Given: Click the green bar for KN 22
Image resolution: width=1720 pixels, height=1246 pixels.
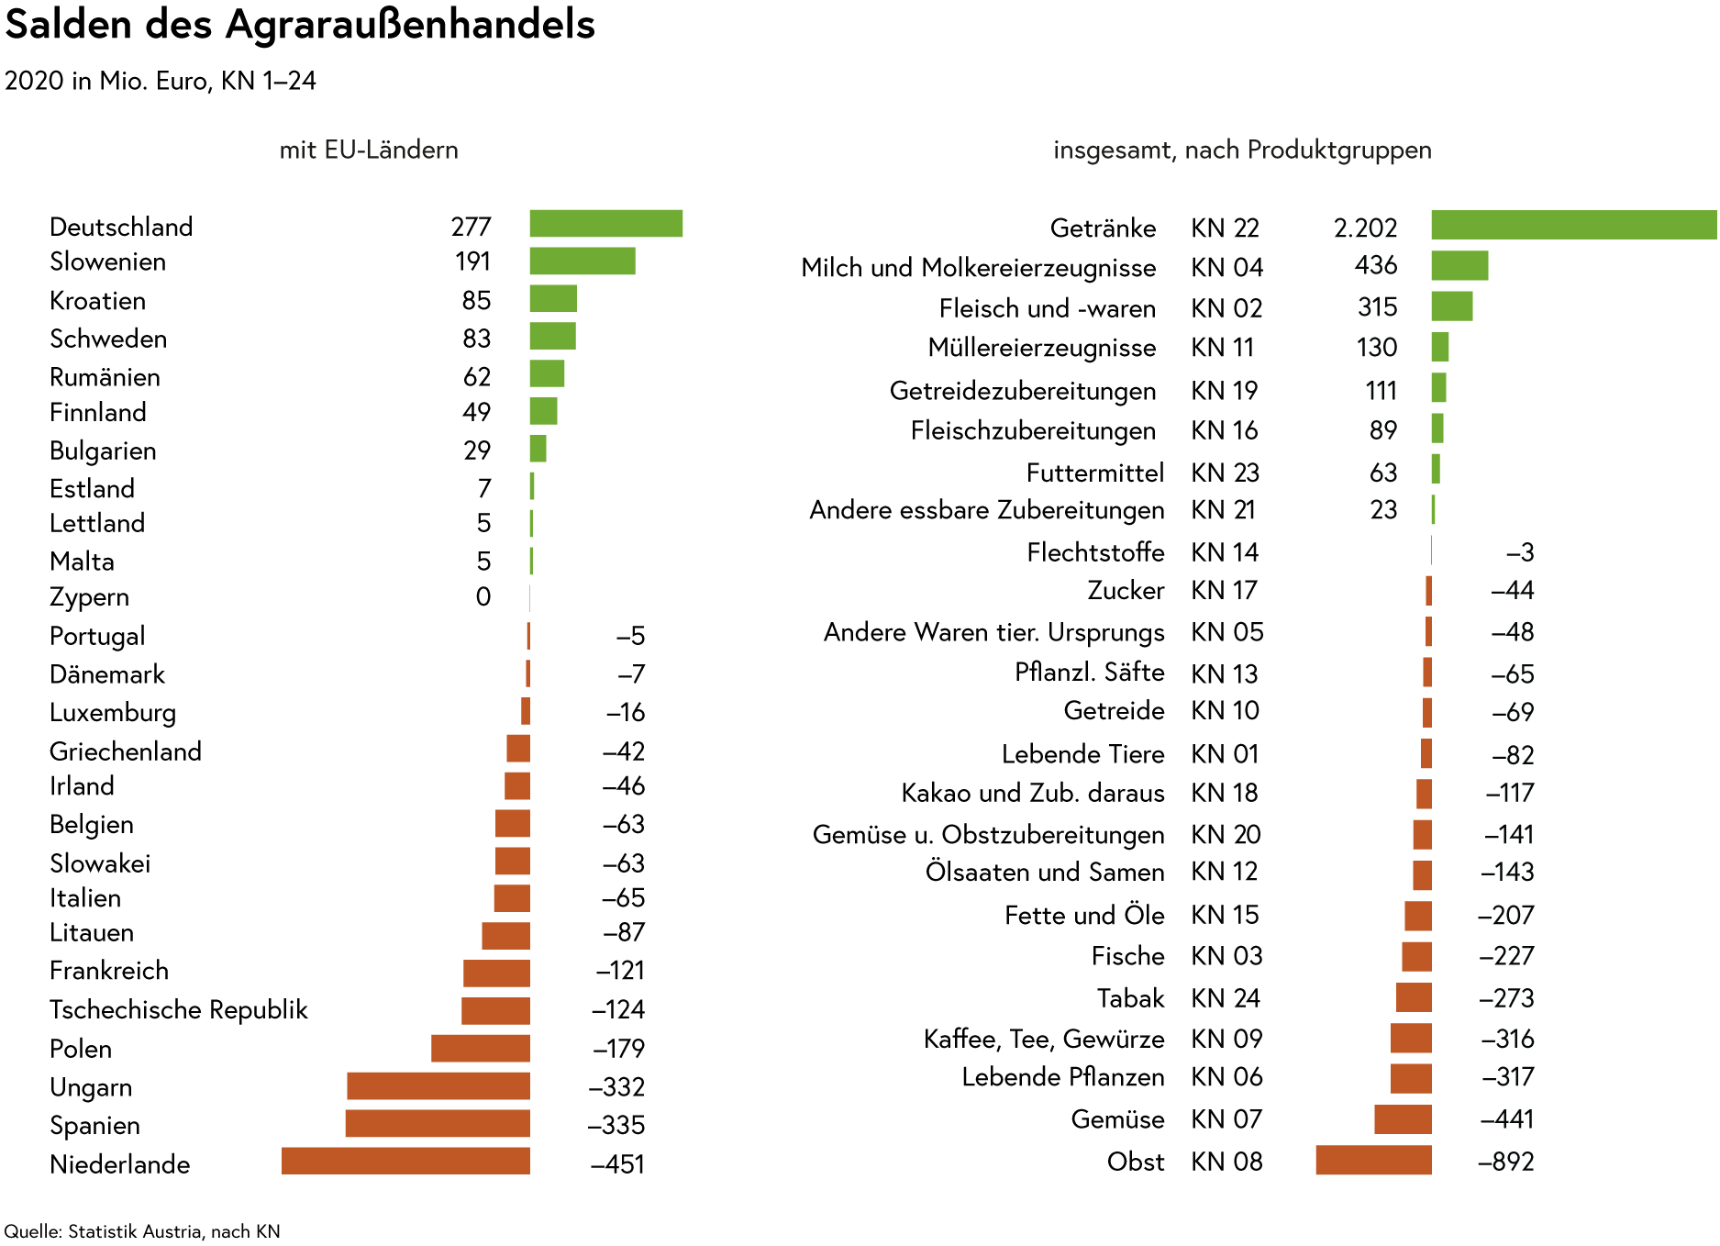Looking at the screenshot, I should coord(1573,225).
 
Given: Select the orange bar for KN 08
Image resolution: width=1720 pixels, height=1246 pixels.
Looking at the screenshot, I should coord(1373,1160).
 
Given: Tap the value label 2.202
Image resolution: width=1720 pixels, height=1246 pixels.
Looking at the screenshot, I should coord(1366,228).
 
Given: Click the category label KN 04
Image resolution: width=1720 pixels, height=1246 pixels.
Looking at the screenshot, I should coord(1226,267).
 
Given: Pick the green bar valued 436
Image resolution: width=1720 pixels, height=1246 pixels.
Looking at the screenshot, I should coord(1459,266).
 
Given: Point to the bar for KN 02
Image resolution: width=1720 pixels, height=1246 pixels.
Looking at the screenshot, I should coord(1452,306).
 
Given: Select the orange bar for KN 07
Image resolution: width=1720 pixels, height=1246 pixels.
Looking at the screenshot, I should coord(1403,1119).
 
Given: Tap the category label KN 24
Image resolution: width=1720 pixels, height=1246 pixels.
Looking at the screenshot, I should coord(1226,997).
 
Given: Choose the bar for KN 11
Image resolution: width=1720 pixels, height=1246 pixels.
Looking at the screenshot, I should coord(1440,347).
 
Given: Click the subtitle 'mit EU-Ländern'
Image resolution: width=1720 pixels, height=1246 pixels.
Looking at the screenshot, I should coord(369,150).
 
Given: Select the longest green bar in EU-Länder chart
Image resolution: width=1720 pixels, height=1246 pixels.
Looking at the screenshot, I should coord(605,224).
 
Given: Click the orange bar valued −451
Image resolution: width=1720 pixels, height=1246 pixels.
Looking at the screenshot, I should coord(405,1160).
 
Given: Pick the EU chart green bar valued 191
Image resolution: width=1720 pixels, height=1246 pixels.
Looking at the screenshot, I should coord(582,261).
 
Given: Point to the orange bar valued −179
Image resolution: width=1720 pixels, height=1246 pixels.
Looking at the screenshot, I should coord(481,1048).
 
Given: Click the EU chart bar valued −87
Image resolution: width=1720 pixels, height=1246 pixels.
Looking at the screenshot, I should coord(505,936).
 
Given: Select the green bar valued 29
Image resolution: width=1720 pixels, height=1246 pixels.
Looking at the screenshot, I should coord(538,449).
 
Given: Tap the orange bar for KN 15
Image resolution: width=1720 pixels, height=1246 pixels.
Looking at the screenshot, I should coord(1417,916).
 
